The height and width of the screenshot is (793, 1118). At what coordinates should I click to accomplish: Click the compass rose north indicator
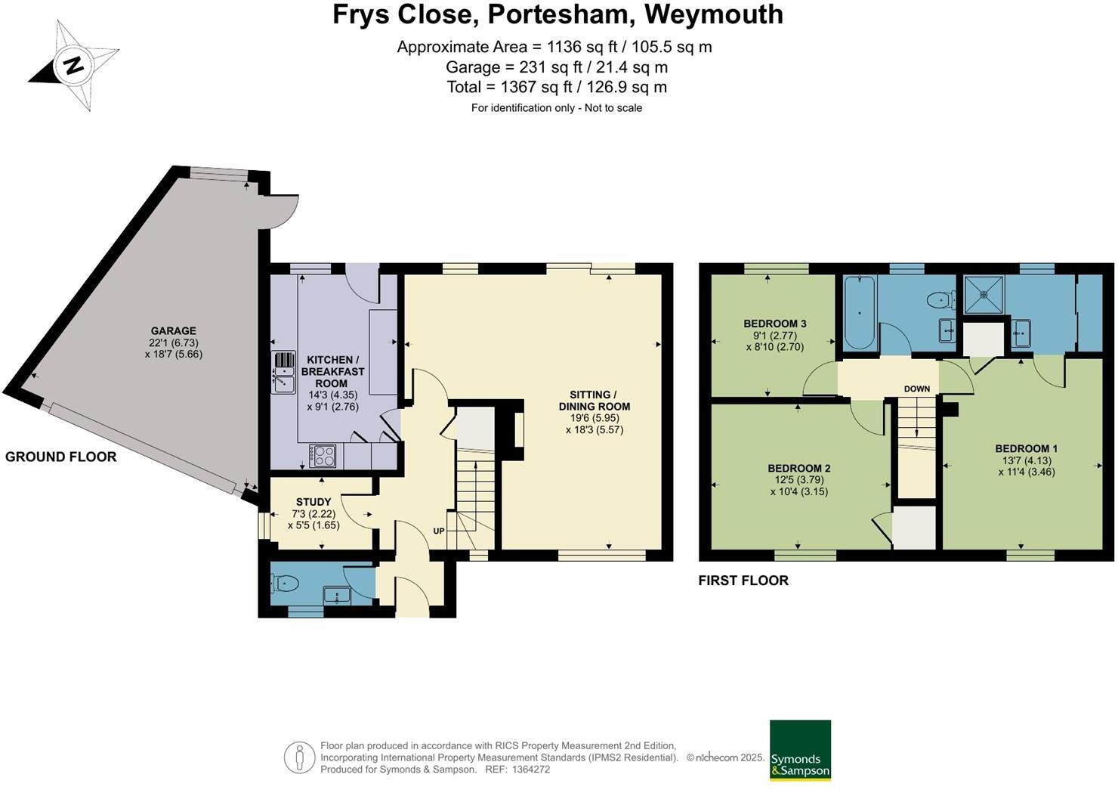click(73, 66)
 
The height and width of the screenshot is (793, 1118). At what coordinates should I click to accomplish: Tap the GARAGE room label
click(173, 331)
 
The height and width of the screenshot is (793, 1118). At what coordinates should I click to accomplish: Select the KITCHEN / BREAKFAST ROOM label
click(332, 372)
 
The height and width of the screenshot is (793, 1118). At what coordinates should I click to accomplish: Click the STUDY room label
click(313, 502)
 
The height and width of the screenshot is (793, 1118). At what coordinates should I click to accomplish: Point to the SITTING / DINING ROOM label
click(594, 401)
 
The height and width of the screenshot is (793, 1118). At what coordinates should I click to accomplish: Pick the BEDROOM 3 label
click(774, 324)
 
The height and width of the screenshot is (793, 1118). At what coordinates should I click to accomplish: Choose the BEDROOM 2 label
click(798, 469)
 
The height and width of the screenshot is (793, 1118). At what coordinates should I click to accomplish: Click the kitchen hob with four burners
click(325, 455)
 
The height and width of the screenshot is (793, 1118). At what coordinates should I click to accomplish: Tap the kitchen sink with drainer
click(283, 372)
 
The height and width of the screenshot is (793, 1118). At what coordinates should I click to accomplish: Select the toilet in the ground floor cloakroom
click(285, 583)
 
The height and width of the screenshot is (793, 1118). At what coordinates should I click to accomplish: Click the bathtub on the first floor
click(860, 312)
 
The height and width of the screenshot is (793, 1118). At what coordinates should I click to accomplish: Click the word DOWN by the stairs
click(917, 389)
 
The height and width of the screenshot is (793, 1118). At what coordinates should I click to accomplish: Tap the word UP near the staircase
click(439, 531)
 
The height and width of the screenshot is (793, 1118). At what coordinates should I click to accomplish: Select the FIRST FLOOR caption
click(743, 581)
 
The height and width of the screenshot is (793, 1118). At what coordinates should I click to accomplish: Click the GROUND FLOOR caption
click(60, 457)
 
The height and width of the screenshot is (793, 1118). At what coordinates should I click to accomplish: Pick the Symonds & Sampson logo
click(800, 750)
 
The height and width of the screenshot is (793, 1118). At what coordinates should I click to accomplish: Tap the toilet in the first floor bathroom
click(937, 300)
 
